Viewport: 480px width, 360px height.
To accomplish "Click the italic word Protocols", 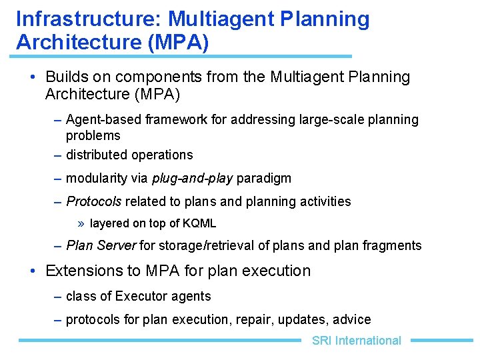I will click(x=94, y=201).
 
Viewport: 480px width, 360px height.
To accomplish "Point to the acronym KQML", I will click(x=198, y=223).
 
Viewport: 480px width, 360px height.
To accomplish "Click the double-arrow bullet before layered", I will click(x=80, y=223).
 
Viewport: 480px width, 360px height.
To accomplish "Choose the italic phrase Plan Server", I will click(x=101, y=245).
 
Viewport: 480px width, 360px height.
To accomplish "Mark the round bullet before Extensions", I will click(x=33, y=271).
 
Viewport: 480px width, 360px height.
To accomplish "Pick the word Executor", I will click(x=143, y=296).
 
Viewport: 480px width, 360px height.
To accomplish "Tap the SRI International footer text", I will click(x=356, y=341).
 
